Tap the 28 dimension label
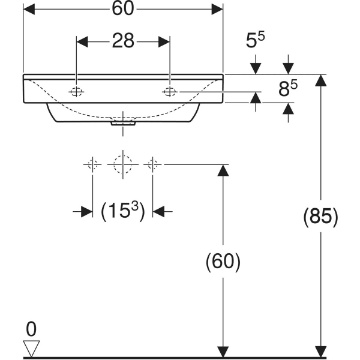(122, 41)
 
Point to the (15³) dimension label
(122, 211)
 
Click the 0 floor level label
(31, 328)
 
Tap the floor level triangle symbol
(31, 348)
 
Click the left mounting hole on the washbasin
(76, 91)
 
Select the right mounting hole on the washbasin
(170, 91)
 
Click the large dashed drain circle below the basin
(122, 164)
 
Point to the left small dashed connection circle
(92, 164)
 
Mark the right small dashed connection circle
(153, 164)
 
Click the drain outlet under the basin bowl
(123, 124)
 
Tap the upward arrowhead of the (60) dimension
(223, 170)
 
